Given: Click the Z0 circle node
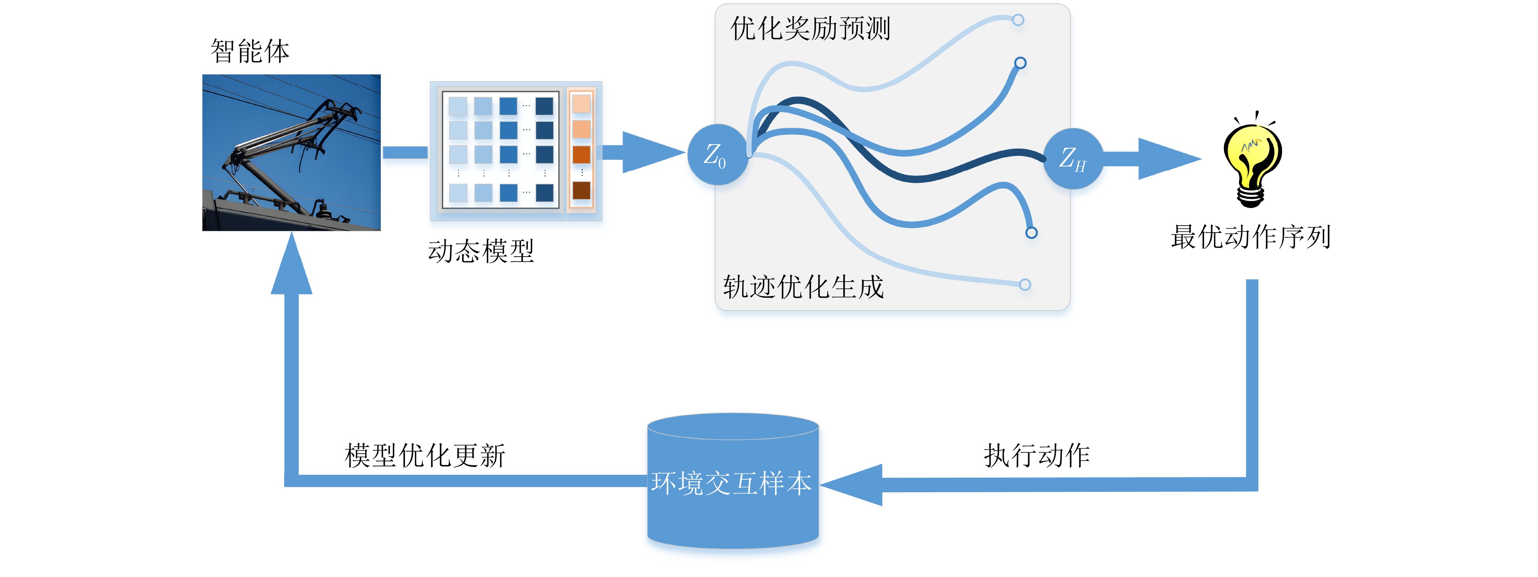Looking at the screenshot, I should (717, 154).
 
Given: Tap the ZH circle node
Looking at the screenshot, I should (1073, 158).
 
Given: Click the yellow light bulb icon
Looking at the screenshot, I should (1252, 161).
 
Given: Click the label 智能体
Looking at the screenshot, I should (249, 51).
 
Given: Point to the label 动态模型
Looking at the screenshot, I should (481, 251).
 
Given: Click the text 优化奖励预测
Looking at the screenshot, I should (810, 28).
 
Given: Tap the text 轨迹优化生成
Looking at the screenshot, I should (803, 287).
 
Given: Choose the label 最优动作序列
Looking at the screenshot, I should (1251, 237).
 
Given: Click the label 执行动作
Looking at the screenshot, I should (1036, 455).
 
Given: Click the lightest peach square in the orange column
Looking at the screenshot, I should (581, 104).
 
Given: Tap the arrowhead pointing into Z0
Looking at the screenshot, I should (651, 152).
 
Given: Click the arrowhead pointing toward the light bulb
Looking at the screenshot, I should (1167, 158).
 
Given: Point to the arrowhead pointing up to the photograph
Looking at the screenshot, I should (291, 263).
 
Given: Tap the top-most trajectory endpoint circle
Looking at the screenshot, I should (1018, 20).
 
